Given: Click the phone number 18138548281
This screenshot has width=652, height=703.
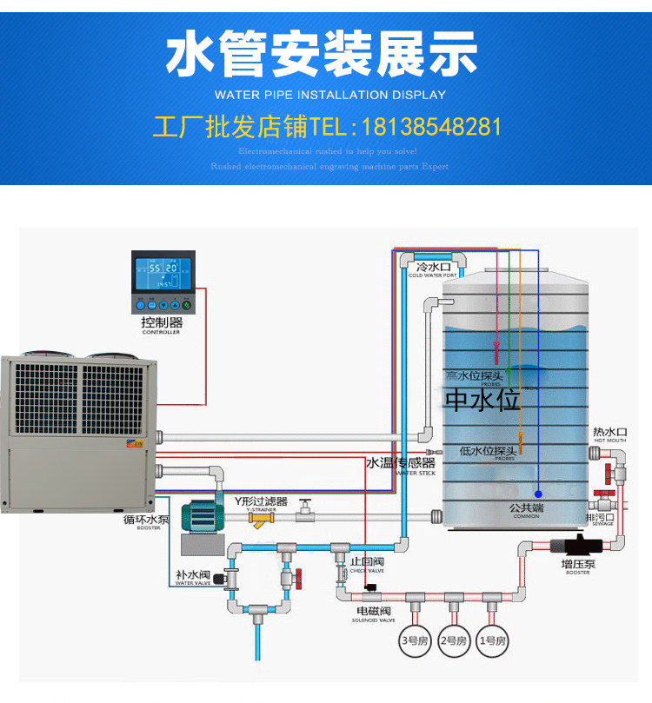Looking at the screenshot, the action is click(x=431, y=127).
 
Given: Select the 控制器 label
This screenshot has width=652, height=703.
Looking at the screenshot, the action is click(x=162, y=322).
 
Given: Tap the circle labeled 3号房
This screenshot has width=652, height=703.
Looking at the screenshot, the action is click(x=411, y=640).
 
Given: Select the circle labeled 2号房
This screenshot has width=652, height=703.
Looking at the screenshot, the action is click(x=453, y=640).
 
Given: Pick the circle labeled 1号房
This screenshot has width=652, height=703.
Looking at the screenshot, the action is click(x=493, y=640).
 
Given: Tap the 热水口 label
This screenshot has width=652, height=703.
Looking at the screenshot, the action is click(x=609, y=432).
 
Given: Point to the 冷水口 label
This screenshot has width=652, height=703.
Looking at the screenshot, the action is click(x=433, y=267).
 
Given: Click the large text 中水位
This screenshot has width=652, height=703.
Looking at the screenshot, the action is click(x=482, y=400).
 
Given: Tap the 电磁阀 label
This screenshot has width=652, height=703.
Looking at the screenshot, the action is click(x=373, y=612).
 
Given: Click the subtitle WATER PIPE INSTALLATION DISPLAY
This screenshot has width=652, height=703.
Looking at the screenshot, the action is click(x=329, y=95).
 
